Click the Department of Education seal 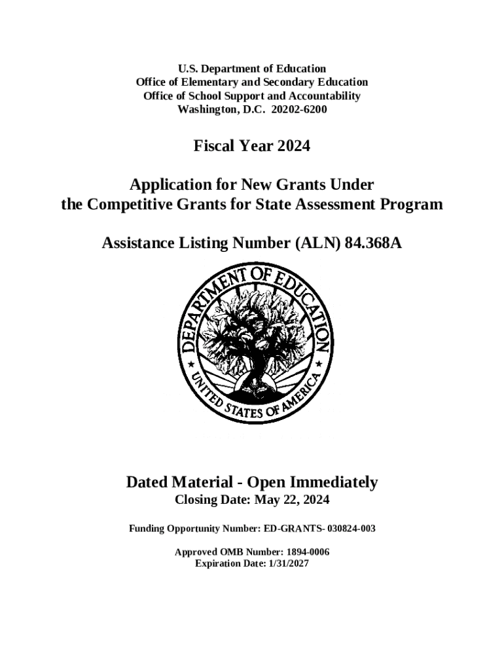point(253,344)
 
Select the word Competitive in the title point(130,205)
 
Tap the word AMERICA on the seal point(303,391)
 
